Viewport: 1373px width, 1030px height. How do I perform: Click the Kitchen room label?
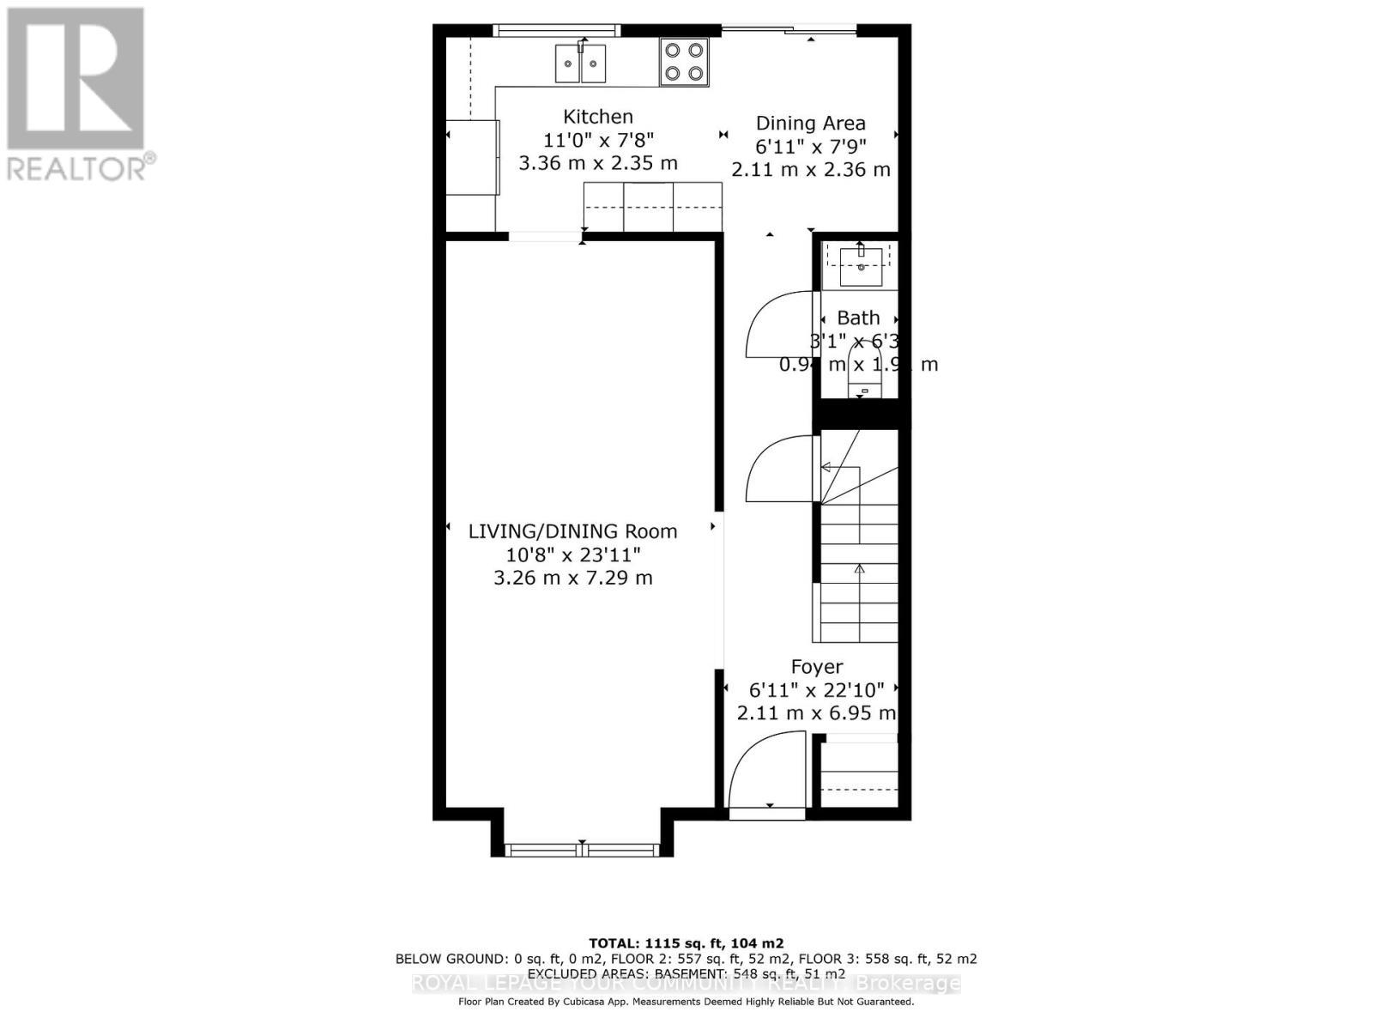(598, 117)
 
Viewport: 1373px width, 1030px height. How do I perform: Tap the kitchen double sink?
(581, 64)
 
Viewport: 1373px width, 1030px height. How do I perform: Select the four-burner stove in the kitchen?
(684, 62)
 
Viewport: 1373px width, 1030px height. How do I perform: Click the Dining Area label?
(810, 124)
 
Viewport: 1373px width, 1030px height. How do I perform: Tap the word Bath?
(858, 318)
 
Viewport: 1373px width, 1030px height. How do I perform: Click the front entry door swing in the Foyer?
(767, 770)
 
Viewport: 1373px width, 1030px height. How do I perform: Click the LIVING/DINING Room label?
(572, 531)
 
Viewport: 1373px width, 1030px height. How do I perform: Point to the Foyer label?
(816, 667)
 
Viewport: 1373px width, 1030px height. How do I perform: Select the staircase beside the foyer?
(859, 549)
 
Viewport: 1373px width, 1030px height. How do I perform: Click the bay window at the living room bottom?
(582, 850)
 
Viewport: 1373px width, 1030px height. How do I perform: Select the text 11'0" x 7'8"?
(598, 140)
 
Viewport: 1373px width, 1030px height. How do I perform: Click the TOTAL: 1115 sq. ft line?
(686, 943)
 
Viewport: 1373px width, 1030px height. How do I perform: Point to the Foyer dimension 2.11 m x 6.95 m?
(816, 713)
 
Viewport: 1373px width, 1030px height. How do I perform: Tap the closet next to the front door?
(859, 772)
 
